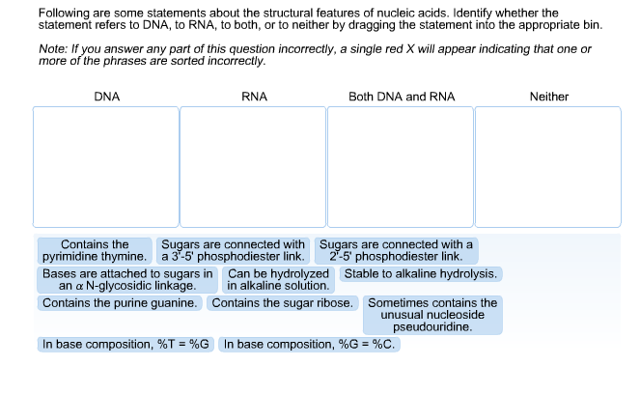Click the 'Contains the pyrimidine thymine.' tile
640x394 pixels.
point(95,251)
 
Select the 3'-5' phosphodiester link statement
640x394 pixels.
point(233,251)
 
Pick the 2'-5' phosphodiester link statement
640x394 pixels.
point(396,251)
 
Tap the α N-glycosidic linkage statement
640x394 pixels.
point(127,280)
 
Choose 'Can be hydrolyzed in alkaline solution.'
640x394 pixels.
point(278,280)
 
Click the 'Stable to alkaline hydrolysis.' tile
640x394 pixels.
point(421,274)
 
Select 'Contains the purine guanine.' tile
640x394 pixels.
point(120,303)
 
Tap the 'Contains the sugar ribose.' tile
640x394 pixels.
point(283,303)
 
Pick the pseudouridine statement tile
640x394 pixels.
point(432,315)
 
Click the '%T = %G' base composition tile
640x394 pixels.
point(125,345)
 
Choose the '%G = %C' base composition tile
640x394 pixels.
point(310,345)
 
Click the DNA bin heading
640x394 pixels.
point(107,97)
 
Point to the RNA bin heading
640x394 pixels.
point(254,97)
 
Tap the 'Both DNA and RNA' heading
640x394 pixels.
point(402,97)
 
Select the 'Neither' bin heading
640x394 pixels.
point(549,97)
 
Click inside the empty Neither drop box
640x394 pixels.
point(548,167)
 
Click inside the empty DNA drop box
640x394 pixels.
point(106,167)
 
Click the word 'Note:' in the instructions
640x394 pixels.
point(53,49)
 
